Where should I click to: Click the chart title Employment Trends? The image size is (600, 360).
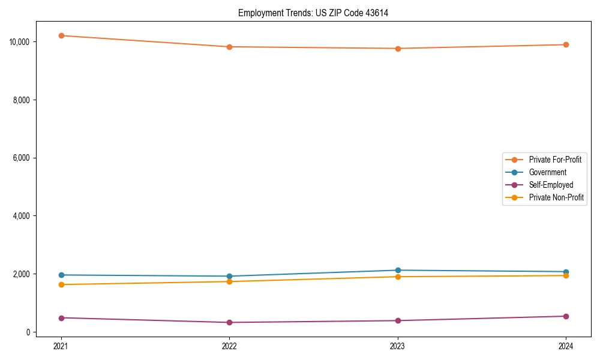coord(313,13)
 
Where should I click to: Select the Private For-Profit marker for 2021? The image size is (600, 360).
coord(61,35)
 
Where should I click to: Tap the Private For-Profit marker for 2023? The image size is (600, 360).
coord(398,49)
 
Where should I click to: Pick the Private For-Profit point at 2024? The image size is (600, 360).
coord(566,44)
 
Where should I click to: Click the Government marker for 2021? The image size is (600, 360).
coord(61,275)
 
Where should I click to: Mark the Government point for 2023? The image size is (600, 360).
coord(398,270)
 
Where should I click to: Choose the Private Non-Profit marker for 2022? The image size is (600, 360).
coord(229,281)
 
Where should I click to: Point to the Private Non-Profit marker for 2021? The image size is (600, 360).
coord(61,284)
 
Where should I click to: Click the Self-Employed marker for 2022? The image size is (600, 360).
coord(229,322)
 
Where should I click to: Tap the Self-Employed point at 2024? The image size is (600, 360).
coord(566,316)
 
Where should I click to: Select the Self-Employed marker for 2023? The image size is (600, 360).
coord(398,320)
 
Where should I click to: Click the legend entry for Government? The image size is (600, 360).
coord(547,172)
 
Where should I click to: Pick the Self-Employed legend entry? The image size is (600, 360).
coord(551,185)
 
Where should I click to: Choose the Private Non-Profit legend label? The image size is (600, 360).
coord(556,197)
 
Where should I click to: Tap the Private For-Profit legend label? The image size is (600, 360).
coord(555,160)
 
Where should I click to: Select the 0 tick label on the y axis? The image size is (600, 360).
coord(28,332)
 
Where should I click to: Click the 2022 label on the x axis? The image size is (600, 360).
coord(229,346)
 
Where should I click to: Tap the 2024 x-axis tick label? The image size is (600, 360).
coord(566,346)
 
